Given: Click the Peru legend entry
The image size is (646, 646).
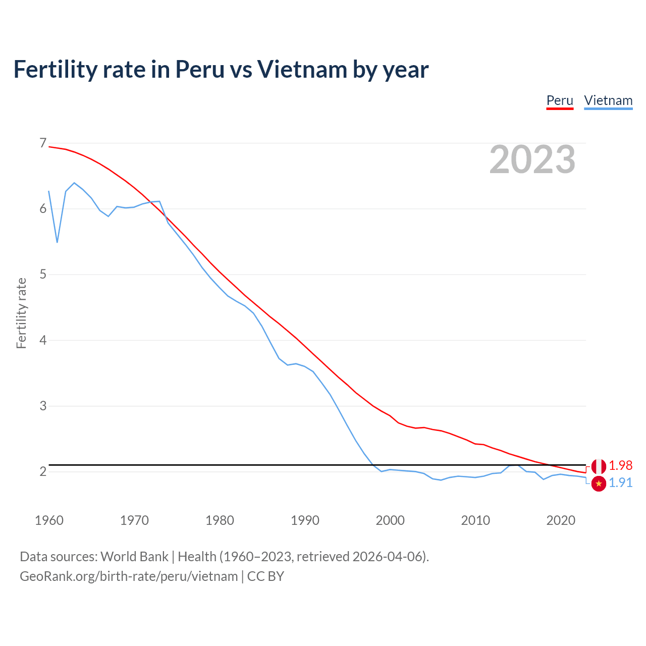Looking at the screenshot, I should point(560,100).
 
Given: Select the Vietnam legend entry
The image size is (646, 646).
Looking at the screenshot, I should point(608,100).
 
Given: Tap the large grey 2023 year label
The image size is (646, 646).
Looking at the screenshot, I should point(532,159).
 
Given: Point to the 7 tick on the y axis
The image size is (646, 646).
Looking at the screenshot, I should point(43,143).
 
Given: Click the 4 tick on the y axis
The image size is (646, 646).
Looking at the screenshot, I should point(43,340).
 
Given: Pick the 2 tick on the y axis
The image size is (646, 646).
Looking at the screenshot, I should point(43,471).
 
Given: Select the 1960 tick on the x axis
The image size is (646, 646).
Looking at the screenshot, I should point(49,520).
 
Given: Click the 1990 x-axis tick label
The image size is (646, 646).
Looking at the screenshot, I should point(305,520).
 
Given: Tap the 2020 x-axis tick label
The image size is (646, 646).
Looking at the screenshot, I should point(561,520).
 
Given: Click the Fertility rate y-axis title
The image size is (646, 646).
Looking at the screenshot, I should point(21,313).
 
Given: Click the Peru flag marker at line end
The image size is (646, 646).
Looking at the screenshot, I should point(599,466).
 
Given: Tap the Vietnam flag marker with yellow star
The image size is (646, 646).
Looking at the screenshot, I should point(599,483).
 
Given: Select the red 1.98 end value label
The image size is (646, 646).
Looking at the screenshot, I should point(620,465).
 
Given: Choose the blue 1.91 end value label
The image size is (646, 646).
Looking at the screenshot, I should point(620,483).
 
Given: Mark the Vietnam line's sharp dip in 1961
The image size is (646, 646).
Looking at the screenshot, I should point(57,242).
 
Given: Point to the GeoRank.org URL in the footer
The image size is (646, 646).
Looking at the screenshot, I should point(129,576).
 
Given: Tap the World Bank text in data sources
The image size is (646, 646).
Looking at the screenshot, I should point(134,557).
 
